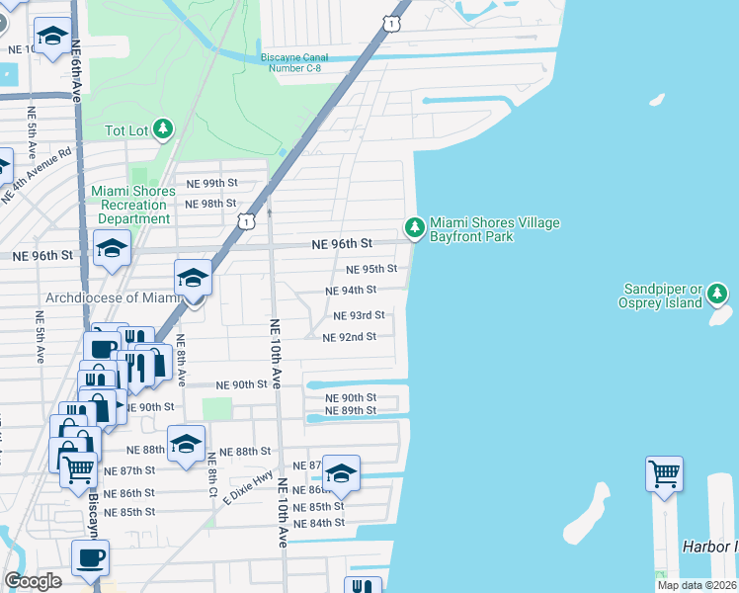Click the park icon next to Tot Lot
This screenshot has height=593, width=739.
(163, 129)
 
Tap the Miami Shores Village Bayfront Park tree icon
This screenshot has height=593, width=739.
(416, 228)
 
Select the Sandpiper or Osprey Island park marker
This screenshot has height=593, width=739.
(718, 294)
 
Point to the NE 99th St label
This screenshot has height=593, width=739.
(213, 183)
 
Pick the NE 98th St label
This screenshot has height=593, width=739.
(211, 204)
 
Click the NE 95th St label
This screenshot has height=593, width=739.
(371, 269)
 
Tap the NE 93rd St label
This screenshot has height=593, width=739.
(359, 315)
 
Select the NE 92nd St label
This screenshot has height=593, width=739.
(350, 337)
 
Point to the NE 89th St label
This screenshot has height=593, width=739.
(351, 410)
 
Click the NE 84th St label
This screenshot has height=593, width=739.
(319, 523)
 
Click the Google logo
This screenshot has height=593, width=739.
(33, 581)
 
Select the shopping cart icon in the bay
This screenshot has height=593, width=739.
(665, 473)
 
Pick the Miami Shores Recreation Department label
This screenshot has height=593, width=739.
(130, 205)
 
